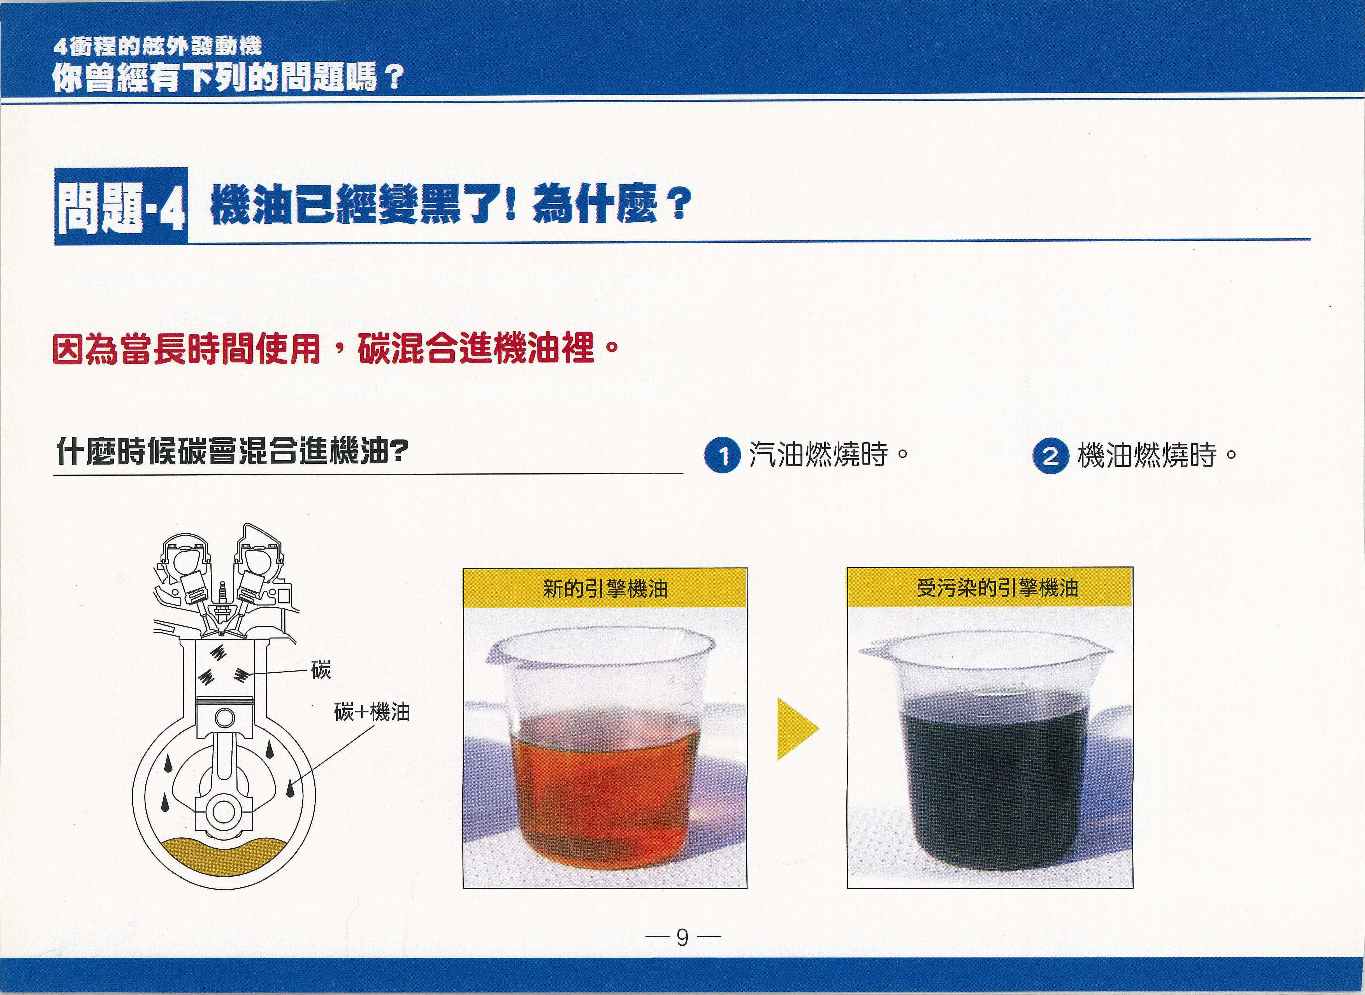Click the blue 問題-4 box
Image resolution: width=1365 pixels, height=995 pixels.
(121, 207)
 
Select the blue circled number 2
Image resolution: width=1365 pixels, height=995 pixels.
(1051, 455)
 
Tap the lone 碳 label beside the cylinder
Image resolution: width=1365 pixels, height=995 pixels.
(321, 669)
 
